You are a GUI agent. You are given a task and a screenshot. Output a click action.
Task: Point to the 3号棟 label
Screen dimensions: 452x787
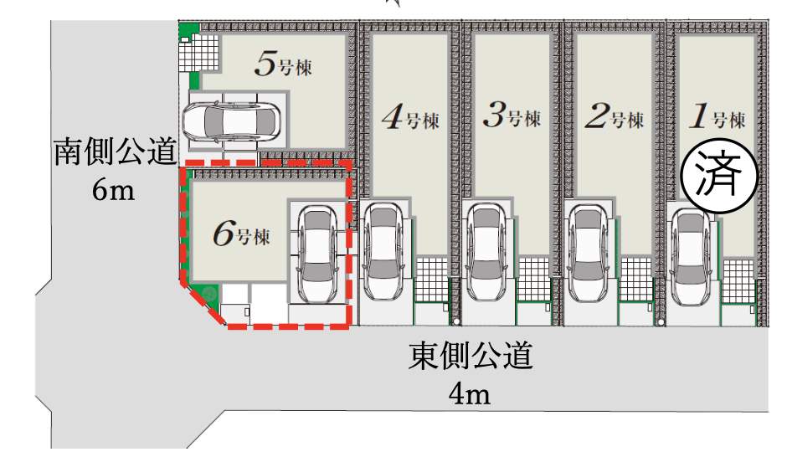pos(512,118)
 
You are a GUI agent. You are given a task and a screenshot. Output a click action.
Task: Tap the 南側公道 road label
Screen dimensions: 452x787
pos(115,154)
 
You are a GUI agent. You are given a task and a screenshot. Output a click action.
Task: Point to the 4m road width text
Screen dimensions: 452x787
pos(469,393)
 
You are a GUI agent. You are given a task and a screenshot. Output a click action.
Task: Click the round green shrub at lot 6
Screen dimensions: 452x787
pos(207,294)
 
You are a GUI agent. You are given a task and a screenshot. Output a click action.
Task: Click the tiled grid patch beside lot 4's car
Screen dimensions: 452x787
pos(432,276)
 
